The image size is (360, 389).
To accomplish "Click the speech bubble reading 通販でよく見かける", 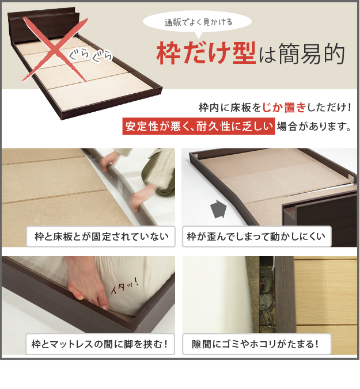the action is click(x=197, y=23).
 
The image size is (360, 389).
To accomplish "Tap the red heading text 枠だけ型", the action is click(x=206, y=53).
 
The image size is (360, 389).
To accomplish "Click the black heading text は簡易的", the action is click(x=302, y=54).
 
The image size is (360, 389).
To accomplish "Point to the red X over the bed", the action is click(x=55, y=49).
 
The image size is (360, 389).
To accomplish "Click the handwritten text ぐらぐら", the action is click(x=90, y=55).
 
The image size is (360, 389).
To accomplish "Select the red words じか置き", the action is click(x=284, y=108).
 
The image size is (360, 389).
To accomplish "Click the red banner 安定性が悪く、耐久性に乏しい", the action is click(x=199, y=126).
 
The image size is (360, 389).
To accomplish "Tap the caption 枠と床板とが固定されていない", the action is click(x=101, y=237).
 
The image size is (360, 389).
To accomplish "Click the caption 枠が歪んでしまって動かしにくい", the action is click(x=257, y=237).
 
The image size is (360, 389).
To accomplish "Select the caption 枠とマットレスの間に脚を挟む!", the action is click(x=100, y=344).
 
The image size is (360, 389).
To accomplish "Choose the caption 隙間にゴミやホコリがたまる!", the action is click(x=257, y=344).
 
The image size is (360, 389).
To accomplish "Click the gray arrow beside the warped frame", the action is click(x=218, y=209).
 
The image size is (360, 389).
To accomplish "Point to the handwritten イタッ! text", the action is click(x=124, y=286).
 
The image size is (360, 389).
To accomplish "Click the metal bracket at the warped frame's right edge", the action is click(x=351, y=179).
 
